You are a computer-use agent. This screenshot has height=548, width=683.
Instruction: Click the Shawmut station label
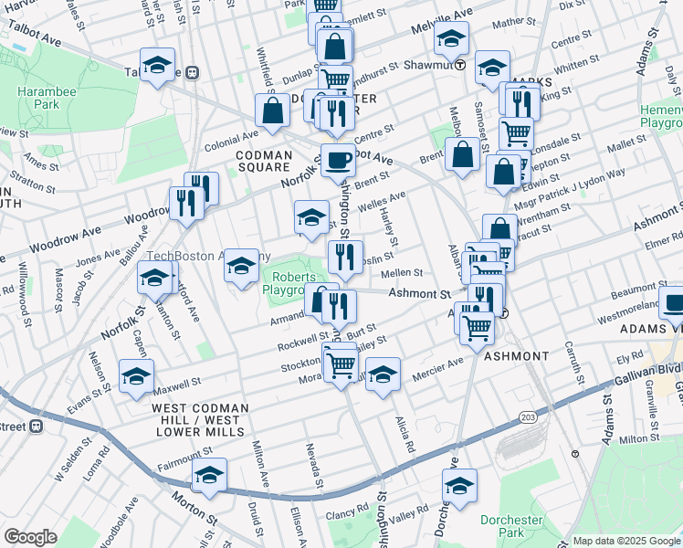point(433,65)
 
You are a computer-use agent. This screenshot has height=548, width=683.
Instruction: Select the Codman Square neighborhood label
point(264,162)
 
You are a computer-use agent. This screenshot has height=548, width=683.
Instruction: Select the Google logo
point(30,537)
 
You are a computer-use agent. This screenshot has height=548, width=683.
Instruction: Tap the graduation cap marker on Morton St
point(210,476)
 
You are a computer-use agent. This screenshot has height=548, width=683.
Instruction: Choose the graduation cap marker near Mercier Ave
point(384,374)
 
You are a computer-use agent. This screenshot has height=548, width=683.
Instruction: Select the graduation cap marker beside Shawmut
point(492,68)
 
